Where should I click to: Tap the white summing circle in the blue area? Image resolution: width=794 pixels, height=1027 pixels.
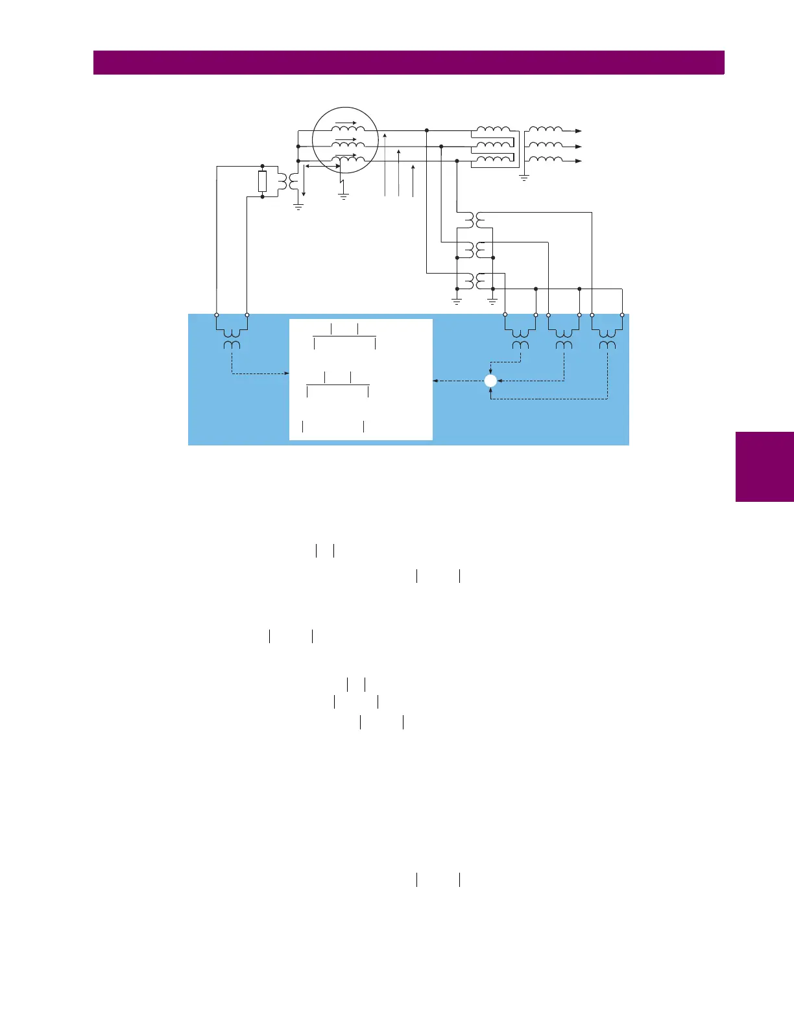click(x=490, y=381)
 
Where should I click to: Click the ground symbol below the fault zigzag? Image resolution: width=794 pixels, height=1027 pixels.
click(x=343, y=195)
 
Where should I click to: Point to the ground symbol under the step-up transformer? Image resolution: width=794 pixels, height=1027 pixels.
click(x=524, y=177)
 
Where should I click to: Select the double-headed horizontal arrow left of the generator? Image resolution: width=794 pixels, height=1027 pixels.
click(x=322, y=167)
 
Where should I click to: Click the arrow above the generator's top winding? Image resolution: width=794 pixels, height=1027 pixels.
click(x=346, y=121)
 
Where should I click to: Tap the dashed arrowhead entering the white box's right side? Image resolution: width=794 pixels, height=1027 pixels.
click(x=435, y=381)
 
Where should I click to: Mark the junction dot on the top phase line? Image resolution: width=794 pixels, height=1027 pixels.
click(x=427, y=131)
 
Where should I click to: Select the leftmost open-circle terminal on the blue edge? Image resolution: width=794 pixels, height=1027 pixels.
click(x=217, y=315)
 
